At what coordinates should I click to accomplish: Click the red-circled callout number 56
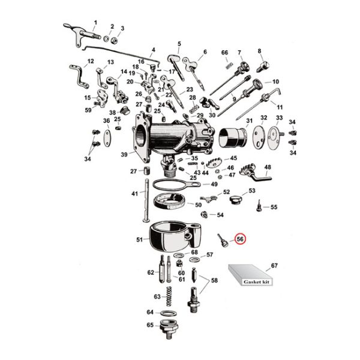240,238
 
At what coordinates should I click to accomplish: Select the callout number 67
275,265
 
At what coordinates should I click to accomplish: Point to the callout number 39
124,155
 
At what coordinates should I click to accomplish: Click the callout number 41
135,193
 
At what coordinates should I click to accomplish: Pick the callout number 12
91,61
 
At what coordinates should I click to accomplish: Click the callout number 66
225,54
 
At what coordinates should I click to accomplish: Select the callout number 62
151,272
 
